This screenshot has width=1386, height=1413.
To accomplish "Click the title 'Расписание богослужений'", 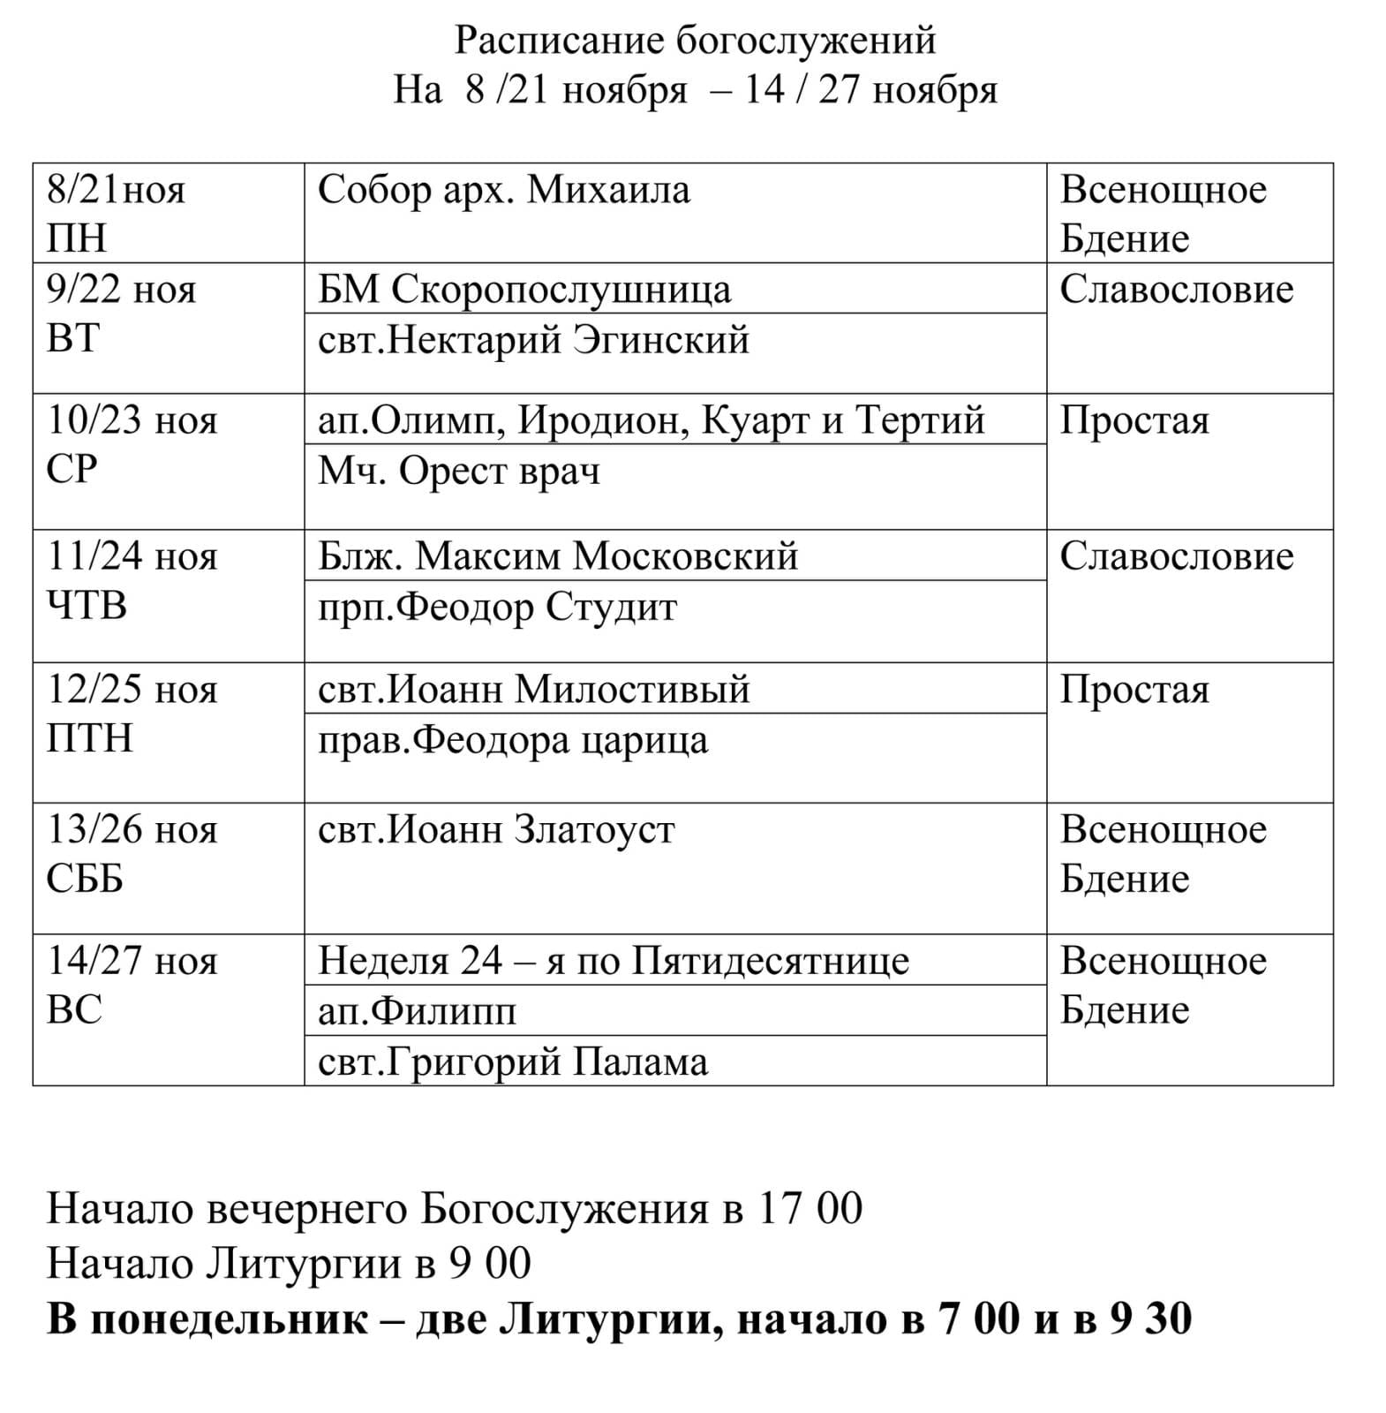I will tap(695, 41).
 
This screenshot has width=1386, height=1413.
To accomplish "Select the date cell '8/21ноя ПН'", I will tap(116, 214).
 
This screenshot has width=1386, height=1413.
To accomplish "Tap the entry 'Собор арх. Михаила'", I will tap(503, 191).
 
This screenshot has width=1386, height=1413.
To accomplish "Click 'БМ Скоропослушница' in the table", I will tap(524, 290).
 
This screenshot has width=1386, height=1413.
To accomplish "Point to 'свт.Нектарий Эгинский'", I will tap(533, 340).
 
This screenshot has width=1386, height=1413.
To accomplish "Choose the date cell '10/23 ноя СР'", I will tap(132, 444).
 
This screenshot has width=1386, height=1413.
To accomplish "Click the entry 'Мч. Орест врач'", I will tap(459, 471).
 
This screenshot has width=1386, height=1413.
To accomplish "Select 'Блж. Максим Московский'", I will tap(558, 556).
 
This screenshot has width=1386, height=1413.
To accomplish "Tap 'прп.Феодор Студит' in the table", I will tap(497, 607).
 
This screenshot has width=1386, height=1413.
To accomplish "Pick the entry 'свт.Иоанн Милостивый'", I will tap(533, 689).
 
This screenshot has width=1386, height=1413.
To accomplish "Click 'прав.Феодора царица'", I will tap(513, 740).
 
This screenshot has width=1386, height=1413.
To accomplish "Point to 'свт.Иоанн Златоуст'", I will tap(496, 830).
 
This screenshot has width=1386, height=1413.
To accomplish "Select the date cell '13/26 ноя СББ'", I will tap(132, 854).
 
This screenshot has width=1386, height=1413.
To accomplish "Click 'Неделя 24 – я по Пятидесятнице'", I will tap(614, 961).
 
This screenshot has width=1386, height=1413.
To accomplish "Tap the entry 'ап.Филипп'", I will tap(417, 1011).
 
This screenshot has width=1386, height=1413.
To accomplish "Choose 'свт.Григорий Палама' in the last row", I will tap(513, 1062).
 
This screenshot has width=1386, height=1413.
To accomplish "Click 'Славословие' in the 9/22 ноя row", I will tap(1176, 290).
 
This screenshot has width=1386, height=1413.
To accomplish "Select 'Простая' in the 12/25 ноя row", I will tap(1134, 690).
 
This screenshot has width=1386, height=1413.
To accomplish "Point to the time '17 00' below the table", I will tap(810, 1208).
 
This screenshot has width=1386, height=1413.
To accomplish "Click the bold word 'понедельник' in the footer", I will tap(230, 1319).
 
